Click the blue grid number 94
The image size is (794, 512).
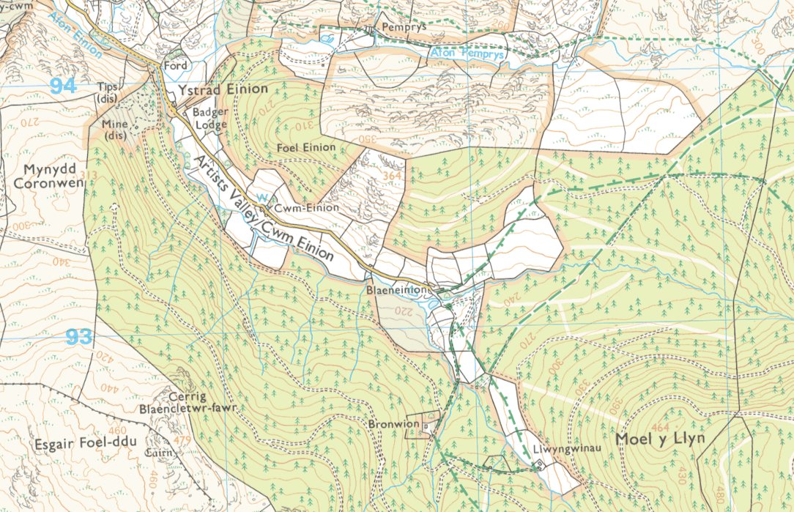pos(64,86)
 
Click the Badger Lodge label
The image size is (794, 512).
pos(209,119)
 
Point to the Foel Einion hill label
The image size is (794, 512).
pos(306,147)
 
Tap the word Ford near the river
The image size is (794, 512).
pos(176,65)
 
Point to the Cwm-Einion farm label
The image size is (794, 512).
pos(313,207)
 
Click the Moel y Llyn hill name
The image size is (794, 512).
pos(660,439)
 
